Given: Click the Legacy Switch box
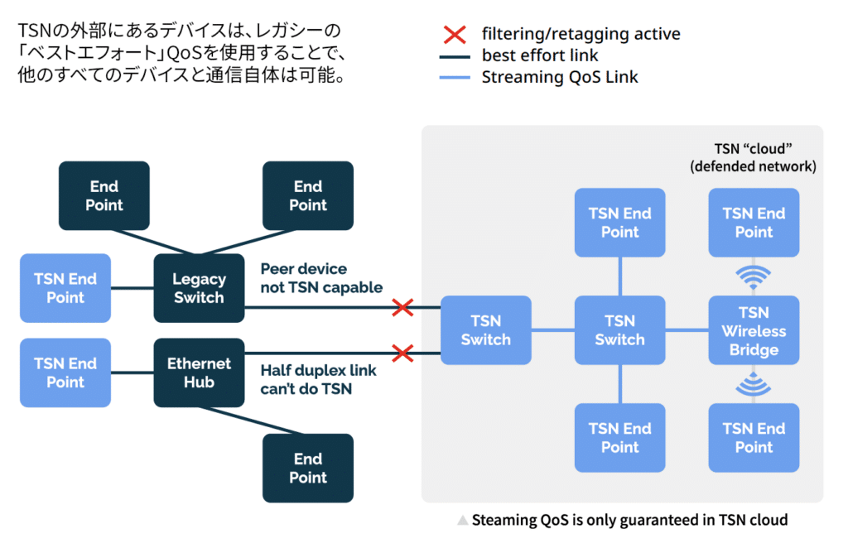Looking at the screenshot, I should [x=199, y=288].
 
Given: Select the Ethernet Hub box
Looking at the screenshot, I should [x=199, y=373].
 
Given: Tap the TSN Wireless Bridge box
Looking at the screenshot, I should [x=754, y=330].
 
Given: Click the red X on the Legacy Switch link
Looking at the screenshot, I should [x=402, y=308].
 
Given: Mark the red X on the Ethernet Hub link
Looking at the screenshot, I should [x=402, y=353].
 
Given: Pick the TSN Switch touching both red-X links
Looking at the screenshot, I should [x=485, y=330].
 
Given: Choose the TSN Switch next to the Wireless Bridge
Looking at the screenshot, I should [x=619, y=330].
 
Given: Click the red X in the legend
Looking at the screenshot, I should [x=455, y=35].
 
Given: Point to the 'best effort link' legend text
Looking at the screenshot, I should [x=540, y=56].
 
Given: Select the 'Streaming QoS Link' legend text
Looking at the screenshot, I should [x=560, y=78].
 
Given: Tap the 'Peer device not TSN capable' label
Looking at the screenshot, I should [x=321, y=278].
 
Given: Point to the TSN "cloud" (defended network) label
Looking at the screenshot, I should [x=754, y=157].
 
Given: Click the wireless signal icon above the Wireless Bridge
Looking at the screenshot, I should [x=753, y=277].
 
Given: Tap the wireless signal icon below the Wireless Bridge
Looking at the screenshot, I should [x=753, y=384].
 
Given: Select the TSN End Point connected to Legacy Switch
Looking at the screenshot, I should [x=65, y=288].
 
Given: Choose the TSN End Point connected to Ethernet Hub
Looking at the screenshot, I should [x=65, y=373].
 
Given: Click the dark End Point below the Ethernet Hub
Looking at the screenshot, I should [x=308, y=468].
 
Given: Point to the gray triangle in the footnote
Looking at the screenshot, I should [x=463, y=521].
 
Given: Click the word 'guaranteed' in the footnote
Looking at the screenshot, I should [x=651, y=521].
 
